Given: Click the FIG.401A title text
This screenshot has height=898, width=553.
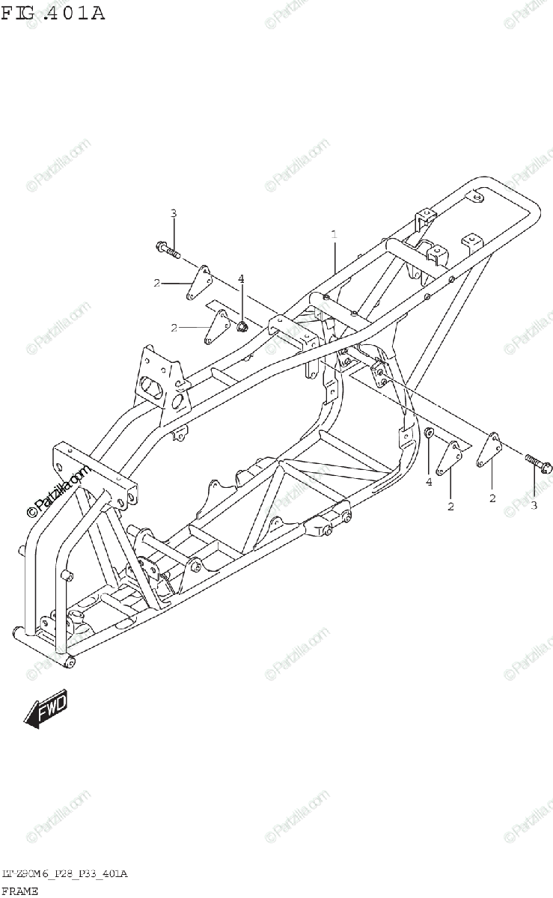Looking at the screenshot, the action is point(52,13).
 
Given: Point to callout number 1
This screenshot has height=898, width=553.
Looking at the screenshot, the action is point(334,235).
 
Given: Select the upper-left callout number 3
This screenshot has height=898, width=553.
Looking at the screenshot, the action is point(173,214).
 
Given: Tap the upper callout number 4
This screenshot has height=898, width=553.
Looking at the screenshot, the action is point(241,279).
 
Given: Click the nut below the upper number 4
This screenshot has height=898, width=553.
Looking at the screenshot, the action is point(242,326).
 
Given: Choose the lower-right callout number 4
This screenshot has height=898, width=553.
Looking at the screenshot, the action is point(429,483).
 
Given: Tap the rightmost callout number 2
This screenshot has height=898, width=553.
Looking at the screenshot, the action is point(492,498).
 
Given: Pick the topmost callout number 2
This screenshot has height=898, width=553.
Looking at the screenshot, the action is point(157,283).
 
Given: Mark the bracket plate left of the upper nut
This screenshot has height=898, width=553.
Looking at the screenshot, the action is point(218,327).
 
